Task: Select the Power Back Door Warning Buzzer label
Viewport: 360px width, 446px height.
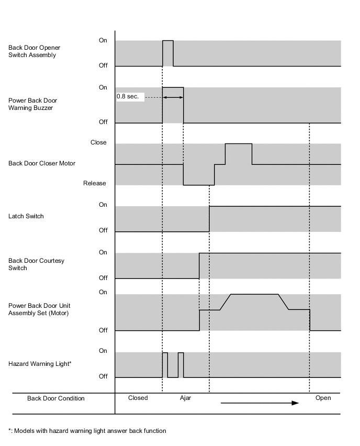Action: coord(33,104)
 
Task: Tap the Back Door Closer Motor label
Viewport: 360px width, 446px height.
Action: coord(42,163)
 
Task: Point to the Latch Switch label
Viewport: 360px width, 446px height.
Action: coord(26,216)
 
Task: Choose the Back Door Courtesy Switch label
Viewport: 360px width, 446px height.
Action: coord(36,264)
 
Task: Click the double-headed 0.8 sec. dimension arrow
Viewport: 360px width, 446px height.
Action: coord(173,97)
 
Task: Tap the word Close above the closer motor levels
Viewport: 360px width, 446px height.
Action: coord(98,142)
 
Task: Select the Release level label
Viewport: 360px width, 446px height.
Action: coord(95,183)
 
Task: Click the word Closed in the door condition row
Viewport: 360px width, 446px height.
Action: coord(138,398)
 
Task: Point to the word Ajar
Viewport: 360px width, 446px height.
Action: coord(185,398)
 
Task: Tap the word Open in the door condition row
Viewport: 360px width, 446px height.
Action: coord(323,398)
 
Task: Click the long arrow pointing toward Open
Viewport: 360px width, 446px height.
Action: coord(260,403)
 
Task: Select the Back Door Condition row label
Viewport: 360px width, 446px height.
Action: coord(55,398)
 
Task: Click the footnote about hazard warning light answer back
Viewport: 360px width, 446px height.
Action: coord(87,431)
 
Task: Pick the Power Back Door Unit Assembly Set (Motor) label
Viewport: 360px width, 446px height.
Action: coord(39,309)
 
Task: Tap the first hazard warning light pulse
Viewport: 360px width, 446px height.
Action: coord(165,364)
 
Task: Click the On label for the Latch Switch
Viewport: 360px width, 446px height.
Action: coord(103,205)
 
